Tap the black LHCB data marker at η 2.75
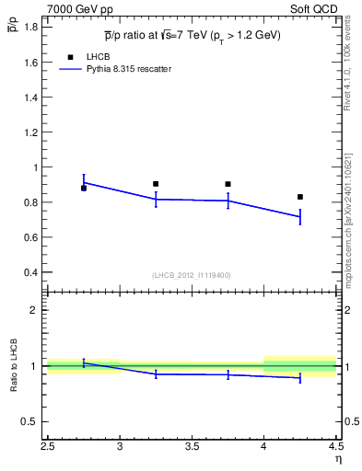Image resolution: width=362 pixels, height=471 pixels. (84, 188)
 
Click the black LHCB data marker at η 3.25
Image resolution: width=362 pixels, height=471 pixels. (156, 184)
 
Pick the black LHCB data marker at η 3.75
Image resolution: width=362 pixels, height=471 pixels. (228, 184)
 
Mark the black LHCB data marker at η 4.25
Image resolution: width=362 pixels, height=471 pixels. (299, 197)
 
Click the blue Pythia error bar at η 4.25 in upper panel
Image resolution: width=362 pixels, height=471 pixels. (299, 217)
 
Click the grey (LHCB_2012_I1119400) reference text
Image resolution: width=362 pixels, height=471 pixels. (193, 275)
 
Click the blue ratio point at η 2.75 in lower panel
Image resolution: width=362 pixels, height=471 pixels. (84, 362)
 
